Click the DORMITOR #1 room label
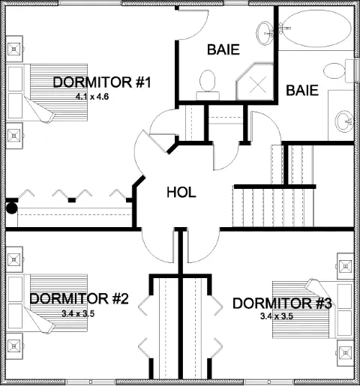pyautogui.click(x=102, y=82)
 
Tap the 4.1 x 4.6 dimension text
pyautogui.click(x=92, y=97)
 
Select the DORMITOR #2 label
pyautogui.click(x=79, y=298)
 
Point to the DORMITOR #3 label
pyautogui.click(x=282, y=304)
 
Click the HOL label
pyautogui.click(x=181, y=193)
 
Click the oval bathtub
pyautogui.click(x=317, y=28)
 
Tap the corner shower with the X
pyautogui.click(x=255, y=82)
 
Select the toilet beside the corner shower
pyautogui.click(x=208, y=85)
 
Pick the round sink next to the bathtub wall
pyautogui.click(x=265, y=33)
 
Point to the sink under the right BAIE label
pyautogui.click(x=344, y=121)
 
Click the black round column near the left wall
pyautogui.click(x=11, y=208)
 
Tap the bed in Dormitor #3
pyautogui.click(x=313, y=309)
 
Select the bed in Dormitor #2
pyautogui.click(x=47, y=304)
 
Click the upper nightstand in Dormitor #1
pyautogui.click(x=14, y=49)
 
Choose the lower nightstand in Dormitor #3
pyautogui.click(x=346, y=352)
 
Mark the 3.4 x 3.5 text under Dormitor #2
pyautogui.click(x=78, y=313)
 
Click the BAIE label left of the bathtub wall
pyautogui.click(x=223, y=49)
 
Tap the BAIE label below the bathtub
pyautogui.click(x=302, y=90)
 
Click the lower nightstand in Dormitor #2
pyautogui.click(x=14, y=346)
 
